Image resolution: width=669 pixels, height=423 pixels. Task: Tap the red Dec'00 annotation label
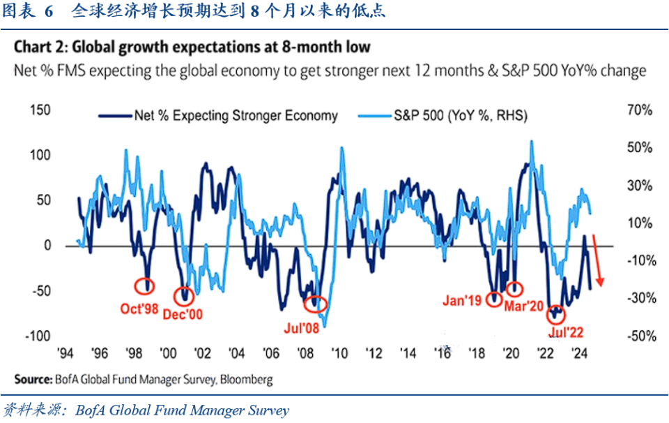point(183,315)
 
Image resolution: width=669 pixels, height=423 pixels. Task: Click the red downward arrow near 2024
point(597,262)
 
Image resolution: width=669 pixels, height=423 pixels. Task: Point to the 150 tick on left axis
point(41,111)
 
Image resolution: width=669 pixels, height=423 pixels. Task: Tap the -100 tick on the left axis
point(38,336)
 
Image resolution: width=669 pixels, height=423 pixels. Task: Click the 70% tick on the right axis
point(638,111)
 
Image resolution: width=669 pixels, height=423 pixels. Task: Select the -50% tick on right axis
point(638,336)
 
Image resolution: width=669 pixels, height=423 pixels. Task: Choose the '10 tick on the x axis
point(339,354)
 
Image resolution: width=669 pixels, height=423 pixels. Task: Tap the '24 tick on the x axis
point(578,354)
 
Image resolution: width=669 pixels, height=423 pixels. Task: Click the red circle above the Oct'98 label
point(146,285)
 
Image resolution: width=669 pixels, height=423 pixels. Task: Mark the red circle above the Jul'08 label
point(316,304)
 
